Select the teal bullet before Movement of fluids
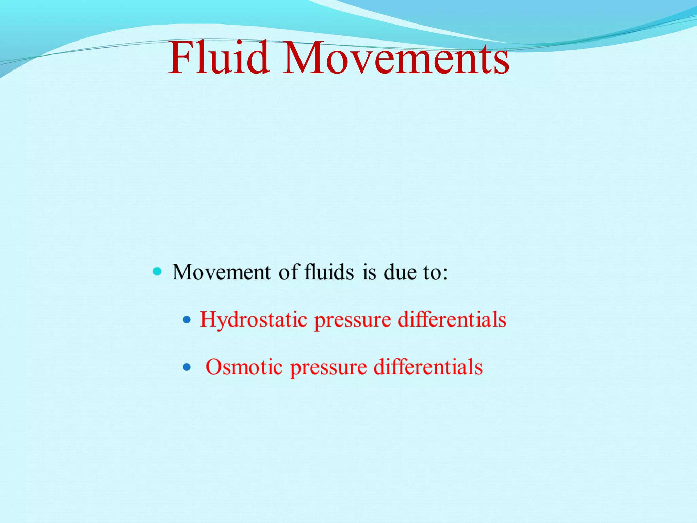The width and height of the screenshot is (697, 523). (157, 271)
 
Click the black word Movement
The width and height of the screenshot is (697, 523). (222, 272)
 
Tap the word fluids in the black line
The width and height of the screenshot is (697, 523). (329, 272)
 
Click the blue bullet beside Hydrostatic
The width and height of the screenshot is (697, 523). (187, 320)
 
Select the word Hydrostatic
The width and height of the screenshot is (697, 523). (254, 320)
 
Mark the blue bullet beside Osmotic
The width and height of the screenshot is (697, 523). (187, 367)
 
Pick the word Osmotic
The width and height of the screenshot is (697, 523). (244, 367)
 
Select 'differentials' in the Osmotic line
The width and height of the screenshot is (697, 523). (428, 367)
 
